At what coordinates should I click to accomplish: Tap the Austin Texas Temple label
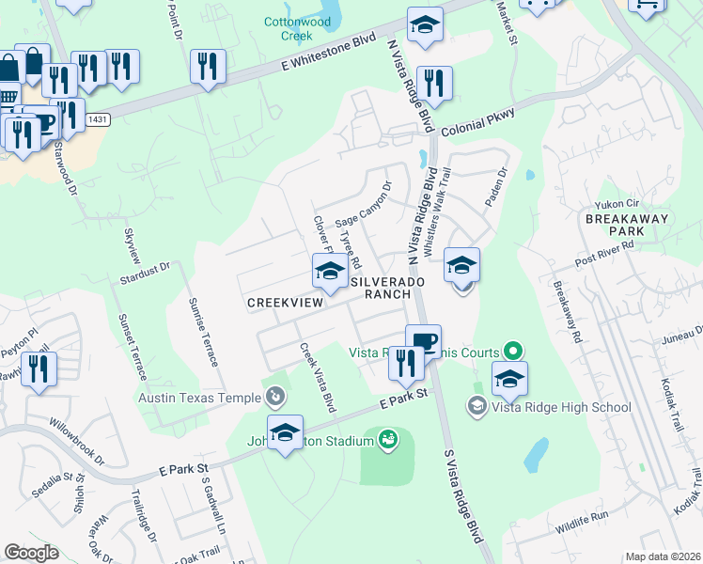(199, 397)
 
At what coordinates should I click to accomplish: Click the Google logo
(32, 553)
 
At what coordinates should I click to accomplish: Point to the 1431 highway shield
(97, 119)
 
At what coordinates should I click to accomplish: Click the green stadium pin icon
(387, 439)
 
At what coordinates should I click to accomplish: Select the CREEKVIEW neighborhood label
(285, 303)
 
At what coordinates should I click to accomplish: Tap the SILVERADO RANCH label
(382, 288)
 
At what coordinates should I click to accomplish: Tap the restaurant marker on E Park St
(406, 362)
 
